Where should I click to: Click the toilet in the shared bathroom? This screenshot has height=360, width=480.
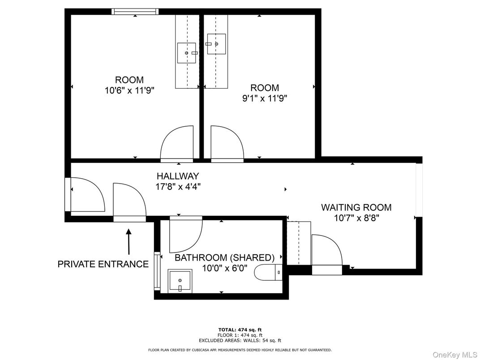click(268, 271)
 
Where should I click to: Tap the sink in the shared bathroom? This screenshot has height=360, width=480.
click(180, 281)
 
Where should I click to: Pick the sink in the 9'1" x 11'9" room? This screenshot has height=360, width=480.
click(217, 44)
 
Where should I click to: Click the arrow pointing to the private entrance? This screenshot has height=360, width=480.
click(129, 242)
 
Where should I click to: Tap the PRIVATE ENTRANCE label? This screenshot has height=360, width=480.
click(103, 264)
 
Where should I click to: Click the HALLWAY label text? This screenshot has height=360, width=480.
click(178, 176)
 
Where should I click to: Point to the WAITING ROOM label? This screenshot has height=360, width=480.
click(356, 207)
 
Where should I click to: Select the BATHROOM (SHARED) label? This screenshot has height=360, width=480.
click(224, 258)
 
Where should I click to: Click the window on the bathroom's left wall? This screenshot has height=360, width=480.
click(157, 271)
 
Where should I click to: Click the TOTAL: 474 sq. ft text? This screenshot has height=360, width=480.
click(240, 330)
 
